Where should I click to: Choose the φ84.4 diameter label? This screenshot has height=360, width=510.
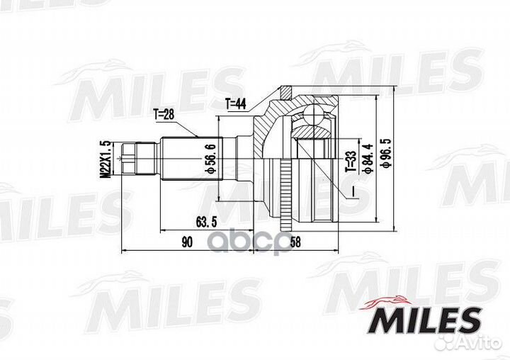tap(367, 159)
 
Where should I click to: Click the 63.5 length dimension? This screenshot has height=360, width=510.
tap(204, 220)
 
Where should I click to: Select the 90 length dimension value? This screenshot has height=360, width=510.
tap(186, 242)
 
